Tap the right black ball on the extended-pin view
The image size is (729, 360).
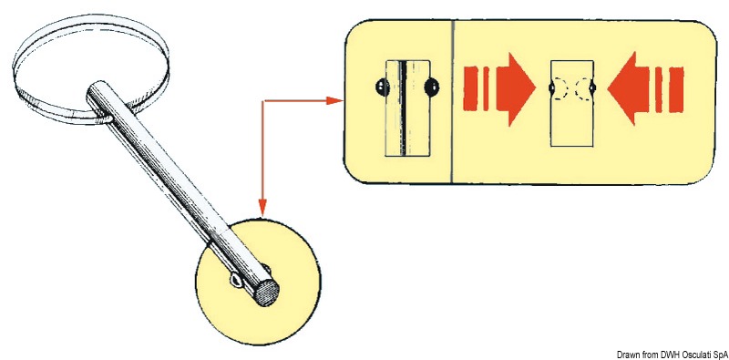pos(432,88)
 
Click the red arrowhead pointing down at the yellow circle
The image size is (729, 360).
pos(262,210)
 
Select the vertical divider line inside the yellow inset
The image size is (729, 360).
pos(453,100)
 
